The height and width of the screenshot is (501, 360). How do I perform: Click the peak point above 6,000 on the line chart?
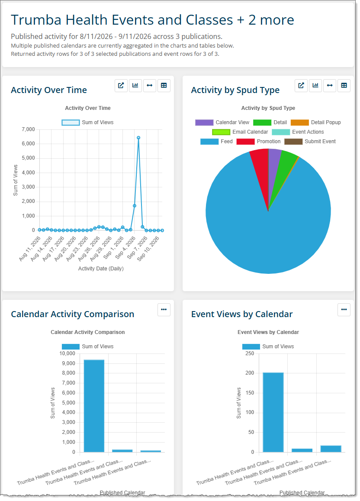pos(138,138)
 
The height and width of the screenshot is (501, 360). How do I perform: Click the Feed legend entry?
pos(216,141)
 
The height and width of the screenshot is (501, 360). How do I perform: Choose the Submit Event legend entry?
pos(310,141)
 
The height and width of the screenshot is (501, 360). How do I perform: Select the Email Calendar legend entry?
pos(240,132)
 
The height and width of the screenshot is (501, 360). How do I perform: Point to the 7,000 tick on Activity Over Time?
pos(29,129)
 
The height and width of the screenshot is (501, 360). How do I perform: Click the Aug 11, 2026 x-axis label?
pos(30,249)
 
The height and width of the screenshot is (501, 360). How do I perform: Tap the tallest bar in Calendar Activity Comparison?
pos(94,406)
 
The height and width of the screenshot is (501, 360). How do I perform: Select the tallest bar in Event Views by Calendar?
pos(273,412)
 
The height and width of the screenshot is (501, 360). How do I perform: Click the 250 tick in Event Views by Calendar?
pos(250,353)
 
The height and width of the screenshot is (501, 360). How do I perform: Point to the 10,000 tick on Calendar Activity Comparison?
pos(67,353)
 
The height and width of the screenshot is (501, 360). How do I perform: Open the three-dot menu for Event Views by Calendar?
pos(344,310)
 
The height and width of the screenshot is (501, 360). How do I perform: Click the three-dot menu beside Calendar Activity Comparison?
pos(164,310)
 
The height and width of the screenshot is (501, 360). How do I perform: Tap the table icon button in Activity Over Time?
pos(164,86)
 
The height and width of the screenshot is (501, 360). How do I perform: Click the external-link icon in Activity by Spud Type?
pos(301,86)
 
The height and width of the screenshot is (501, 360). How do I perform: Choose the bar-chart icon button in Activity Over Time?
pos(135,86)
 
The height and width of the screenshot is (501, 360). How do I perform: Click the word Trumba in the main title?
pos(36,20)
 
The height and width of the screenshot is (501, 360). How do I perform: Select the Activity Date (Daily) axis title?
pos(101,269)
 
